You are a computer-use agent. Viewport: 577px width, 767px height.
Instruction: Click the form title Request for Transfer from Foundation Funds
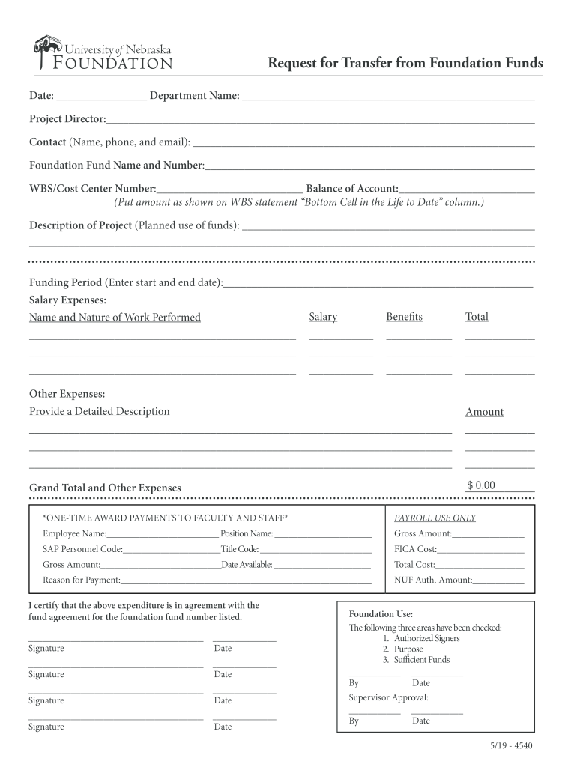[405, 63]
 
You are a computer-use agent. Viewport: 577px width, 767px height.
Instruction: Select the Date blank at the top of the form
[101, 96]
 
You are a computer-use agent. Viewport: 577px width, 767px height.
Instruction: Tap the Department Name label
[195, 96]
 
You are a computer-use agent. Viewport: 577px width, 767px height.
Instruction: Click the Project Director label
[67, 119]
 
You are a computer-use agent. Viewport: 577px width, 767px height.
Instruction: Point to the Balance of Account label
[352, 189]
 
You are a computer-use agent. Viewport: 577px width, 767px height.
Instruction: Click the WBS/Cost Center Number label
[92, 189]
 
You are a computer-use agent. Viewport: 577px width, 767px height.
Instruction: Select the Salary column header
[323, 317]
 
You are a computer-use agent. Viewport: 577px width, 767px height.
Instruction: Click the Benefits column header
[404, 317]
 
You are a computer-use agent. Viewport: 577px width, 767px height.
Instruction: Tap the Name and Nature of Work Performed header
[115, 318]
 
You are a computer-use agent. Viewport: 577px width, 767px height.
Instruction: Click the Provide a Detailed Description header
[99, 411]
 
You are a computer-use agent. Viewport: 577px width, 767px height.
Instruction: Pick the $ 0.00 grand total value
[481, 485]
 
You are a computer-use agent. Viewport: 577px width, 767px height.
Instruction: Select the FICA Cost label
[415, 549]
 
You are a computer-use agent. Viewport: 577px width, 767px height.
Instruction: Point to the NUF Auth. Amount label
[433, 580]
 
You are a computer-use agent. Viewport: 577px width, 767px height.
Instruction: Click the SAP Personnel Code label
[82, 549]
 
